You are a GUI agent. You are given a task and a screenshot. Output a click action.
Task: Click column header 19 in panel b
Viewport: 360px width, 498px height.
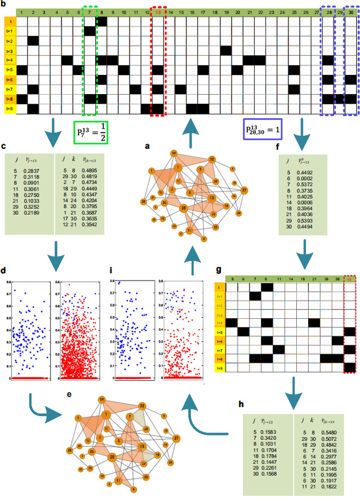point(225,12)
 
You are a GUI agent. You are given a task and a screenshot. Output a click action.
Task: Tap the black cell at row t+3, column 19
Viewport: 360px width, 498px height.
point(225,50)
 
